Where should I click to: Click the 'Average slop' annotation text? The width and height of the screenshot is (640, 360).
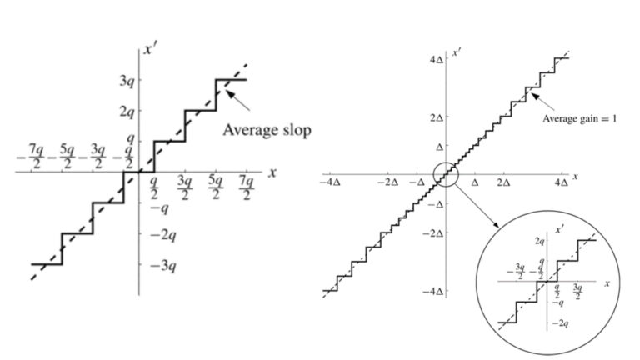pos(267,130)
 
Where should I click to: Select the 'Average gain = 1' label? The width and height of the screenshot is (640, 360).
pos(580,119)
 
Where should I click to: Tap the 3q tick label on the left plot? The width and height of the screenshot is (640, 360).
pos(127,80)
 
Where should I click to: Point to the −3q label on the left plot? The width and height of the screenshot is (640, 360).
pos(162,266)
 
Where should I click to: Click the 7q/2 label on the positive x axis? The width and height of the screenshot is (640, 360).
pos(247,188)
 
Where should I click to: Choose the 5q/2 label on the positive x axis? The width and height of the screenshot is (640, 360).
pos(216,188)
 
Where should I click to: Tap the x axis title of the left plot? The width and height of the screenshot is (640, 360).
pos(272,172)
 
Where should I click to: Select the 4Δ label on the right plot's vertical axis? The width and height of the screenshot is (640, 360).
pos(437,60)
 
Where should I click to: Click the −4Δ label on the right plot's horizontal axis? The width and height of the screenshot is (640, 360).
pos(331,182)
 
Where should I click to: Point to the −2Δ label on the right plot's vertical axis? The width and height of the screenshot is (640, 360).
pos(433,233)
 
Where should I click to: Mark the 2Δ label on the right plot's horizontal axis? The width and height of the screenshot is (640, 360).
pos(503,182)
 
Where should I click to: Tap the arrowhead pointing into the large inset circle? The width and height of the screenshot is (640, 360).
pos(496,224)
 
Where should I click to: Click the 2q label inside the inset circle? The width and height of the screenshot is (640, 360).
pos(540,241)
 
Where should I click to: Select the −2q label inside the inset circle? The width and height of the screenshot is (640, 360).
pos(561,323)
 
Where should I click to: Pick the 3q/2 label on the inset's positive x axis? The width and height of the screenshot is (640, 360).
pos(577,292)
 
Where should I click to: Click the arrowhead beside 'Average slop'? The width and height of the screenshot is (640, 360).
pos(231,95)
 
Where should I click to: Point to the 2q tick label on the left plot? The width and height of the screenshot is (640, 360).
pos(127,111)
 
